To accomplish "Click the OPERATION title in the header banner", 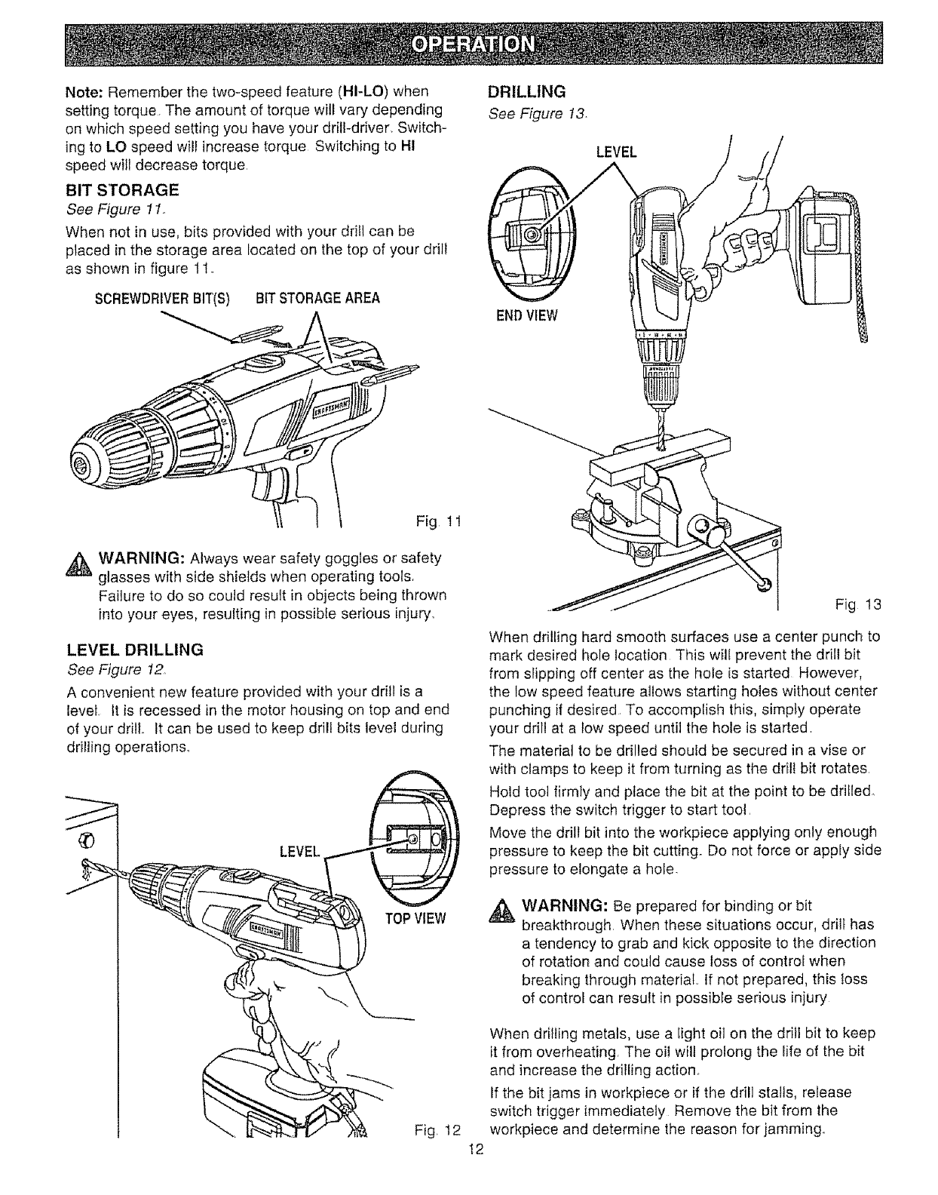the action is [473, 45].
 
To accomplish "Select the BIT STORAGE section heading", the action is [122, 190].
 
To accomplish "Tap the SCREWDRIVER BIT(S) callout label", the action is [162, 299].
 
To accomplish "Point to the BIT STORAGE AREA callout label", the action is [317, 299].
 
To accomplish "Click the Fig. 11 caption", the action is [438, 521].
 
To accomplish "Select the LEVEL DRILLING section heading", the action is [135, 650].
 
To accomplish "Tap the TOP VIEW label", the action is [415, 919].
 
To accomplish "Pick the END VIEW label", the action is [527, 315].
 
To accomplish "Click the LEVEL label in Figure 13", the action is [617, 152].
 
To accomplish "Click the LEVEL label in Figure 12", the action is [299, 852].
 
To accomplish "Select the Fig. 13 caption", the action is [858, 605].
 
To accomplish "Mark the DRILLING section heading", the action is [527, 91].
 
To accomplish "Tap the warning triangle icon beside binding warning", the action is [501, 911].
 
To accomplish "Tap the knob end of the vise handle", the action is [764, 585].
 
